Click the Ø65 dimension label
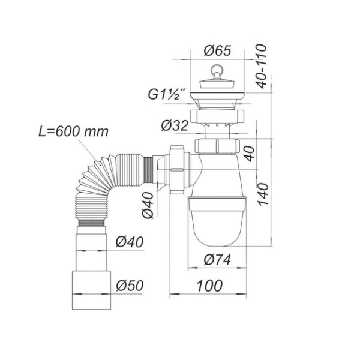(x=217, y=50)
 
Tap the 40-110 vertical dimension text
(x=261, y=66)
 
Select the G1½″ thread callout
(x=163, y=94)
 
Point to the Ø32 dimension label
(x=175, y=125)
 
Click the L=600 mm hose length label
(x=73, y=131)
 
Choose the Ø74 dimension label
(x=217, y=260)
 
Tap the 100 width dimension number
(x=209, y=286)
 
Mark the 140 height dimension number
(x=262, y=194)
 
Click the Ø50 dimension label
(x=130, y=286)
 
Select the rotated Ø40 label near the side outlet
(x=147, y=205)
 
